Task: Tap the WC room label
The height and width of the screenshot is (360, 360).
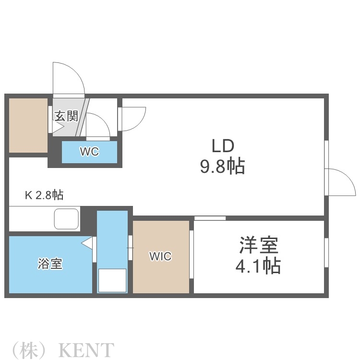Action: coord(89,152)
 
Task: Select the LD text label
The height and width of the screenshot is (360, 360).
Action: coord(223,145)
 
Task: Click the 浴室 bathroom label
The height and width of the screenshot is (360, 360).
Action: coord(50,264)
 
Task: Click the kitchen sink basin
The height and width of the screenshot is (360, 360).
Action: coord(67,219)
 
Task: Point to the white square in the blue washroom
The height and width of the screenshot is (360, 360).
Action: coord(112,280)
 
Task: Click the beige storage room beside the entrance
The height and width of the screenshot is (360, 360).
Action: coord(28,125)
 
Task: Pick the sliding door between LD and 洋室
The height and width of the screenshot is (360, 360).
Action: coord(210,218)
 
